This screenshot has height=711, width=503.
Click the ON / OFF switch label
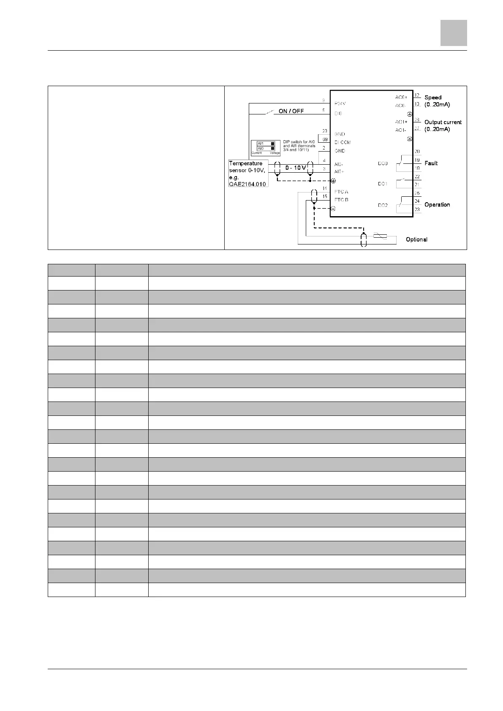click(291, 111)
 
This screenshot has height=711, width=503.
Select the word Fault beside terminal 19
click(431, 163)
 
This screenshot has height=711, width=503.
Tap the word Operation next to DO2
click(437, 204)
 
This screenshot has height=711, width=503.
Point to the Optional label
click(416, 239)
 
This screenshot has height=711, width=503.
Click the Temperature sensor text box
click(248, 173)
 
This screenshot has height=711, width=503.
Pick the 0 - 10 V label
click(296, 168)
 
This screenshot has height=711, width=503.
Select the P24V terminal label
click(340, 103)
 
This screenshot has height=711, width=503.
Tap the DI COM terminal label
click(343, 142)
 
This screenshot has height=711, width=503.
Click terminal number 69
click(325, 139)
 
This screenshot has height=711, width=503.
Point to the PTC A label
click(341, 192)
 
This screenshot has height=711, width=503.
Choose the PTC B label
click(341, 200)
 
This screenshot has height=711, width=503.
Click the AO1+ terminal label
click(401, 122)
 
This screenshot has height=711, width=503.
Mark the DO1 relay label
click(383, 184)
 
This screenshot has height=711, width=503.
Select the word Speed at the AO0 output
click(433, 97)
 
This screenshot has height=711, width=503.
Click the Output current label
click(443, 122)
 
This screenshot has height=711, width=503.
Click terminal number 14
click(325, 188)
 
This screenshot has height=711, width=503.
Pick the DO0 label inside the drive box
click(383, 163)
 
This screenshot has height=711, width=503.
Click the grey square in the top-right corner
click(454, 33)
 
